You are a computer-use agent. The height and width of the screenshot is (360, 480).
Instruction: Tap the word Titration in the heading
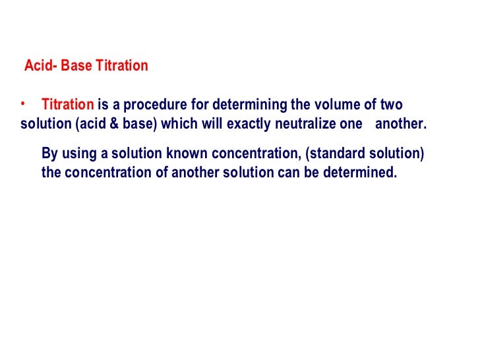click(118, 67)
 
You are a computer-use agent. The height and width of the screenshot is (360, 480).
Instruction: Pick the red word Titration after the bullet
click(68, 105)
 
